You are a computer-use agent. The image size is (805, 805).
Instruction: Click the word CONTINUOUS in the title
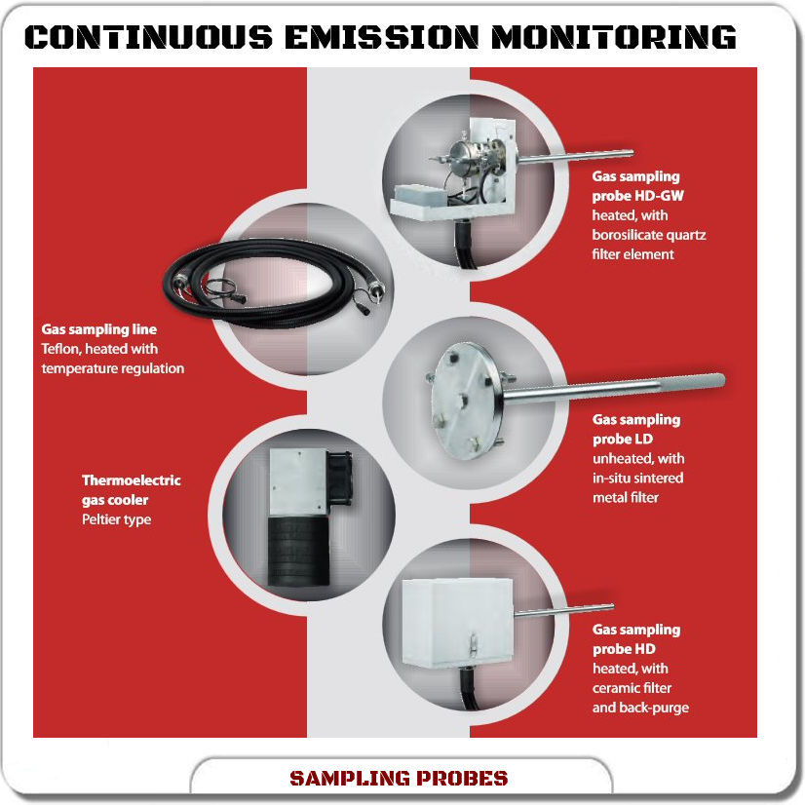pos(148,37)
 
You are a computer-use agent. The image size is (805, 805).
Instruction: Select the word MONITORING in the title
pos(614,37)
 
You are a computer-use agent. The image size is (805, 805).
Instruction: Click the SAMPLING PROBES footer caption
pos(399,779)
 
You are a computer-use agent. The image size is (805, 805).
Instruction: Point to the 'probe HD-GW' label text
pos(637,196)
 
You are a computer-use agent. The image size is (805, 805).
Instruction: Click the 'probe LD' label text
pos(622,439)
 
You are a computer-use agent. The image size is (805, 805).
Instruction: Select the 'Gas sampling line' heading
pos(99,329)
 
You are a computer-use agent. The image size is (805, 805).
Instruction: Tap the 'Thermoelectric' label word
pos(132,480)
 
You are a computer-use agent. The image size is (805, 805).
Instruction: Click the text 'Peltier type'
pos(117,519)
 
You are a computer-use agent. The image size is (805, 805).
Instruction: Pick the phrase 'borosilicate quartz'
pos(649,235)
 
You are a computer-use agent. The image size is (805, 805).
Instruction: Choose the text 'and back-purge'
pos(640,708)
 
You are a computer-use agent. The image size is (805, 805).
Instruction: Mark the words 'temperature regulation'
pos(112,368)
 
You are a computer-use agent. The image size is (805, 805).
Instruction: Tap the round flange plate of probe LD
pos(466,401)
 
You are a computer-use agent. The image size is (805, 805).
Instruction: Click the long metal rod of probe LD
pos(614,388)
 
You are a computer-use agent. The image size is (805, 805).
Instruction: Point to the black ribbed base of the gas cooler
pos(298,552)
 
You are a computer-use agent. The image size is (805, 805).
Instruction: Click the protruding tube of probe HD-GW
pos(575,157)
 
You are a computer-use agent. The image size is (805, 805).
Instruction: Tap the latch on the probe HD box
pos(473,644)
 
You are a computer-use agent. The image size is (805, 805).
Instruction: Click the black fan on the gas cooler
pos(339,478)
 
